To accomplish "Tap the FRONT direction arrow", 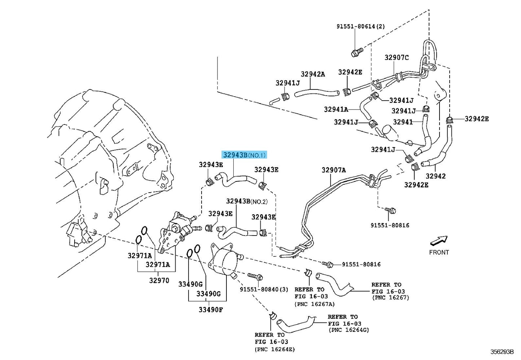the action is tap(439, 241).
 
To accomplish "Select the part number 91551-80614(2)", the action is tap(361, 26).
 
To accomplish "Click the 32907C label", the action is tap(397, 57).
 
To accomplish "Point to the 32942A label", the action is tap(313, 74).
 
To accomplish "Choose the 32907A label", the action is tap(334, 170).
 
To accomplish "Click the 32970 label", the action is tap(159, 280).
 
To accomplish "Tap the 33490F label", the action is tap(211, 310).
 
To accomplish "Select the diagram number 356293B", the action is tap(502, 352).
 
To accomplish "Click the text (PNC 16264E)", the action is tap(275, 350).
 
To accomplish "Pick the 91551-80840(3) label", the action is tap(264, 289).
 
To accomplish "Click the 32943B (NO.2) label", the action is tap(247, 201).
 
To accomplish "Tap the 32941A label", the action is tap(336, 109).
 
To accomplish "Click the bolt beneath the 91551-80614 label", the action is tap(357, 52).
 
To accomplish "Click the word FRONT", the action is tap(439, 252).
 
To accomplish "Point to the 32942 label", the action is tap(436, 176).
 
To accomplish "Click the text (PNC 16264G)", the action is tap(349, 330).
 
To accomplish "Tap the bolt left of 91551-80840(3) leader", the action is tap(255, 277).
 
